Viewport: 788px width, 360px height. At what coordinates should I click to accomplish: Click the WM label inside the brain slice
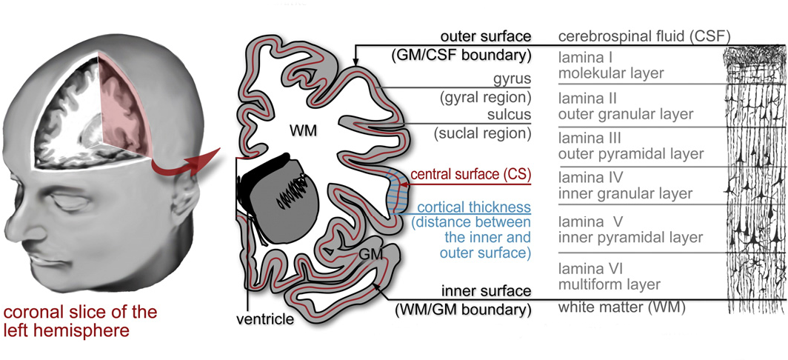pyautogui.click(x=303, y=131)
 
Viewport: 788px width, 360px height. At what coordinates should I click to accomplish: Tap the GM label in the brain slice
pyautogui.click(x=370, y=253)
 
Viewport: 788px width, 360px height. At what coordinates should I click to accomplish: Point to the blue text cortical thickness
pyautogui.click(x=474, y=207)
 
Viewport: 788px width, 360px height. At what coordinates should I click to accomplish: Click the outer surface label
pyautogui.click(x=485, y=36)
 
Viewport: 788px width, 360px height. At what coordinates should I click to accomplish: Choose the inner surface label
pyautogui.click(x=487, y=290)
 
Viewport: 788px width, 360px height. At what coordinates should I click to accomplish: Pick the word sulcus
pyautogui.click(x=510, y=115)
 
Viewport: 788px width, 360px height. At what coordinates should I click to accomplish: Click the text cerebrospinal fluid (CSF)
pyautogui.click(x=644, y=36)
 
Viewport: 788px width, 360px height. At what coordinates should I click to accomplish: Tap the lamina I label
pyautogui.click(x=585, y=57)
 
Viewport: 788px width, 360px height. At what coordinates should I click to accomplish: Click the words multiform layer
pyautogui.click(x=609, y=284)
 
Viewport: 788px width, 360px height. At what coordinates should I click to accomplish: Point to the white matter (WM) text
pyautogui.click(x=621, y=307)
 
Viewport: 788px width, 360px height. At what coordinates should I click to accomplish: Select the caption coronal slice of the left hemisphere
pyautogui.click(x=80, y=320)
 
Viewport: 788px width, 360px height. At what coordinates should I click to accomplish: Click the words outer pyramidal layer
pyautogui.click(x=630, y=154)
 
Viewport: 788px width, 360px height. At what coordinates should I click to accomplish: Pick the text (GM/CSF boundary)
pyautogui.click(x=461, y=55)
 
